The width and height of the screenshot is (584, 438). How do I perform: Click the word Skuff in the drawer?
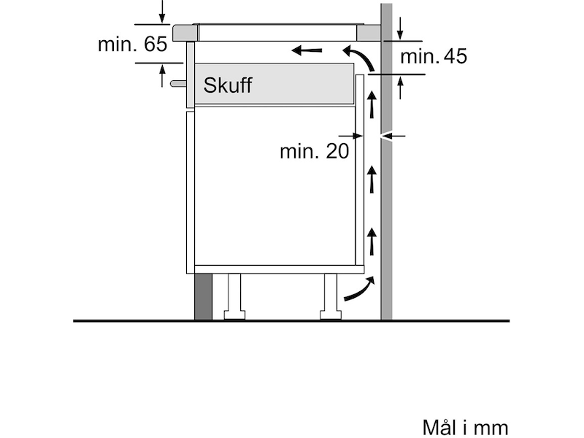[227, 85]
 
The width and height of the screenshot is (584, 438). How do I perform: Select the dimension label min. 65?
[132, 44]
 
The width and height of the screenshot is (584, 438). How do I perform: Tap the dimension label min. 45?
[434, 56]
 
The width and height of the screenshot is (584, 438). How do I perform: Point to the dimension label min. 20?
[315, 151]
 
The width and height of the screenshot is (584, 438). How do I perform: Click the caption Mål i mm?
[465, 427]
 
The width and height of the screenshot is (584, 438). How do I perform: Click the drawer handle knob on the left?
[178, 83]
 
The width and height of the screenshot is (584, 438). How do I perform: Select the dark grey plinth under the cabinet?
[203, 296]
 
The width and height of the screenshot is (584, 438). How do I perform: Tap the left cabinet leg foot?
[234, 315]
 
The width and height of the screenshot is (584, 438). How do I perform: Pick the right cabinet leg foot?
[331, 315]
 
